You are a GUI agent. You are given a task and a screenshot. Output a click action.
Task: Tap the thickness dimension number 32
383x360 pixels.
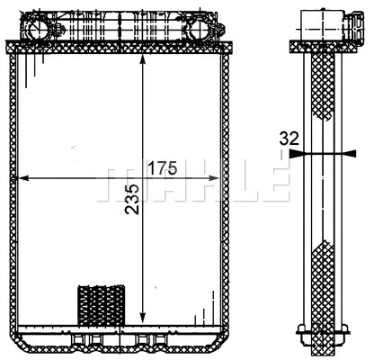(x=289, y=139)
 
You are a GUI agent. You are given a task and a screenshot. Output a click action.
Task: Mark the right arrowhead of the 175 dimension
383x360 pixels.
(x=216, y=178)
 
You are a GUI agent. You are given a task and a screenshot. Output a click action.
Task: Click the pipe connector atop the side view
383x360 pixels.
(x=321, y=22)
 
